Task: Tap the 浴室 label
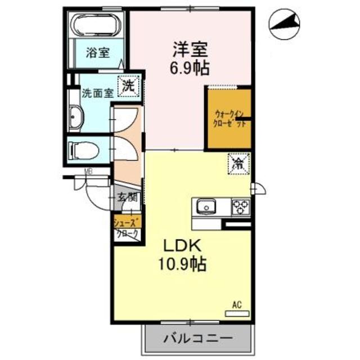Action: point(97,54)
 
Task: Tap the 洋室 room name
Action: point(191,49)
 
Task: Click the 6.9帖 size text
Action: point(191,69)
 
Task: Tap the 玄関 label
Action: point(128,197)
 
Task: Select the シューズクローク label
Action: point(127,228)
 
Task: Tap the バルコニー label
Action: point(197,339)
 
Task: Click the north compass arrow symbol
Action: point(284,24)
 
